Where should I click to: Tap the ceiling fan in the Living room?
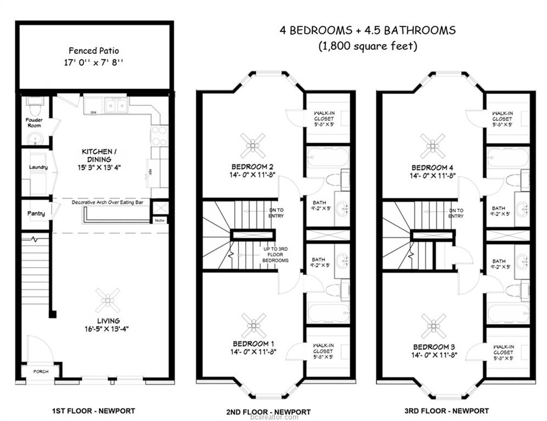coord(108,300)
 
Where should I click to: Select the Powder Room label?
coord(33,123)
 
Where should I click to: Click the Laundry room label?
coord(38,167)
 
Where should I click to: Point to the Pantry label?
coord(36,213)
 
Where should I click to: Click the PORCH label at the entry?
coord(41,372)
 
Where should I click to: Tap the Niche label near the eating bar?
coord(159,221)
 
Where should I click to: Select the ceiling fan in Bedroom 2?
coord(253,145)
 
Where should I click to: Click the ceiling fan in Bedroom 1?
coord(254,325)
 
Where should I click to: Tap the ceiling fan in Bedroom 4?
coord(433,146)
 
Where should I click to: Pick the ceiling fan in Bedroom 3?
coord(434,326)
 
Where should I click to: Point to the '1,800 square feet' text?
coord(368,47)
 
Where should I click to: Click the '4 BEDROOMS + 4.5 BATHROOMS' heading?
coord(367,30)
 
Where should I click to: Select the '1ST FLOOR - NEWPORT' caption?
coord(93,411)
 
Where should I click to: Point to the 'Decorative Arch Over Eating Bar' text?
coord(110,202)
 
